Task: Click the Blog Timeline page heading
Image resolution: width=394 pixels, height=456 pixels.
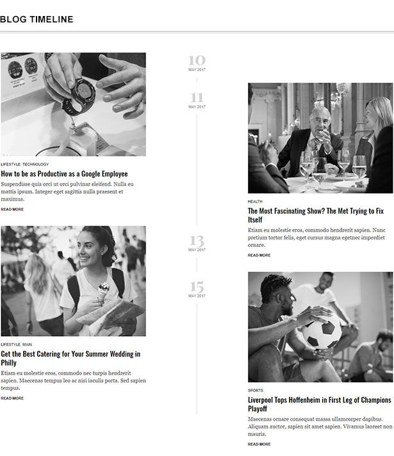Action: coord(37,20)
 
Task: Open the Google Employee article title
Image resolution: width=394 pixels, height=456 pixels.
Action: coord(64,174)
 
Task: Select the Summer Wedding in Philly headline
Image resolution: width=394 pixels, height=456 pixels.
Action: coord(70,358)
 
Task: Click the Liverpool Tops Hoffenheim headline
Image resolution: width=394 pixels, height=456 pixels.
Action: coord(320,404)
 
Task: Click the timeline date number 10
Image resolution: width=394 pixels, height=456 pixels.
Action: coord(197,61)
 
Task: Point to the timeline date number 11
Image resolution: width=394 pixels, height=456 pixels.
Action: coord(197,98)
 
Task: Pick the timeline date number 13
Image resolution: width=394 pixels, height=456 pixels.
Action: coord(197,241)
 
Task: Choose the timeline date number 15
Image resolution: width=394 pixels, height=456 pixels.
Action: coord(197,287)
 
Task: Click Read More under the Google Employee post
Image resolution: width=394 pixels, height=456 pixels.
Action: coord(12,209)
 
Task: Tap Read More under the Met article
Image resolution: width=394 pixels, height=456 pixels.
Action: coord(259,255)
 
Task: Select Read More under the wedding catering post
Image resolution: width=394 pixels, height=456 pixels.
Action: coord(12,398)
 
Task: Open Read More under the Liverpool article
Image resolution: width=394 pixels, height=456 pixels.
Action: coord(259,444)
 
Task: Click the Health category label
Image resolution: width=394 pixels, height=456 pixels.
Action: coord(255,201)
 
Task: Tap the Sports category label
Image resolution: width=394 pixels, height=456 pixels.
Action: coord(255,390)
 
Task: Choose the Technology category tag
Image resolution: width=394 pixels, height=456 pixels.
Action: coord(36,164)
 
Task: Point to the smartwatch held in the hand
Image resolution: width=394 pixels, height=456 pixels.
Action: coord(79,94)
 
